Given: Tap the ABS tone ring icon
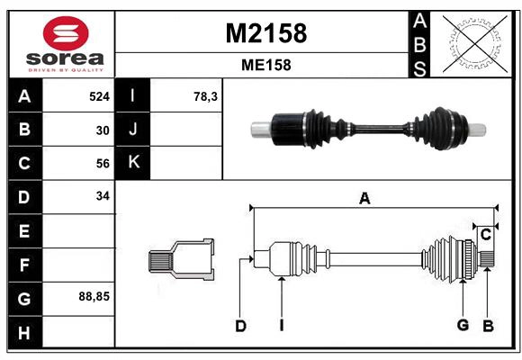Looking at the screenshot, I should pos(473,43).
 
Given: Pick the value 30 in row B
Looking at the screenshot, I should pos(103,130).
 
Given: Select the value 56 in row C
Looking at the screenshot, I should pos(103,163).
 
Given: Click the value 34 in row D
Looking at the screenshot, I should pos(103,195).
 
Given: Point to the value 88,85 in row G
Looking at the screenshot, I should pos(94,295).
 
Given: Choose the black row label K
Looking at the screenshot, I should pos(133,163).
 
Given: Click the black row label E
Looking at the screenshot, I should pos(24,231).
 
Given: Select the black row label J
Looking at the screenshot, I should pos(133,130).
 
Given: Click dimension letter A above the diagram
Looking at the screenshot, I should pos(364,199).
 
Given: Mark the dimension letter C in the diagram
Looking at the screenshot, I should pos(485,235).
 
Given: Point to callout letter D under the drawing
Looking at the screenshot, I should pos(240,326).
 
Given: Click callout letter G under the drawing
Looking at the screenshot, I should pos(463,326).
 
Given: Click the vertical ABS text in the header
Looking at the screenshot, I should pos(418,43).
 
